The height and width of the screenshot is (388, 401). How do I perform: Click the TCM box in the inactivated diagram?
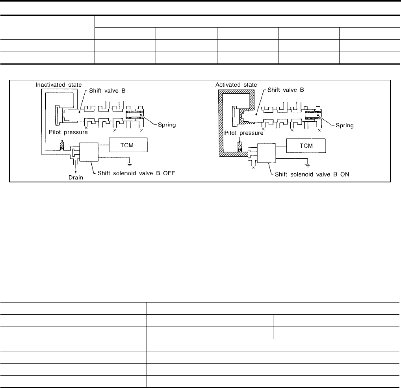(128, 145)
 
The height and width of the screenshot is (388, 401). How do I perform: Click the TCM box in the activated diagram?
(306, 145)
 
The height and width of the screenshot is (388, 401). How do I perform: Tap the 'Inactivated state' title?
(59, 85)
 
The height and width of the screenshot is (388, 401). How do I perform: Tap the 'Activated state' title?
(236, 85)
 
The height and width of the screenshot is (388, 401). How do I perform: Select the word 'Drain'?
(76, 177)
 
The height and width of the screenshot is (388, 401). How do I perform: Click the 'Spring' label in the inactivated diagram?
(167, 125)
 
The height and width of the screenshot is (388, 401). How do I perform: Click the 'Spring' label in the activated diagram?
(345, 125)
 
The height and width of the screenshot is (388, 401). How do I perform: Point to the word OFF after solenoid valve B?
(169, 173)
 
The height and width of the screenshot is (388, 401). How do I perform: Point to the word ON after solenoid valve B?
(345, 174)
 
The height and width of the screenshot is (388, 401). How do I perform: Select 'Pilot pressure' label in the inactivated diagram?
(68, 132)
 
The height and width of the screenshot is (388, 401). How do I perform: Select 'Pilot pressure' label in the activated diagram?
(244, 133)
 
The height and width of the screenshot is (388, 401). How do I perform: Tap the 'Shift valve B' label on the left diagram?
(107, 91)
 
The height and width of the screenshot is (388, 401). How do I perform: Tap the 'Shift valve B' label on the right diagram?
(286, 90)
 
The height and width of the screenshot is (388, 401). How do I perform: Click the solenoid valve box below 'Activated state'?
(267, 153)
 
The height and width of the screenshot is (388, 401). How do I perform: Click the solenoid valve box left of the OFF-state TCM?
(89, 152)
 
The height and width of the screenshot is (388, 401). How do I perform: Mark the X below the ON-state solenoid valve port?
(253, 168)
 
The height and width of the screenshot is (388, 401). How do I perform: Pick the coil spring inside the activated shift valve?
(313, 115)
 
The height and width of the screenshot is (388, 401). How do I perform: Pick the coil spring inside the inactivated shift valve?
(135, 115)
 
